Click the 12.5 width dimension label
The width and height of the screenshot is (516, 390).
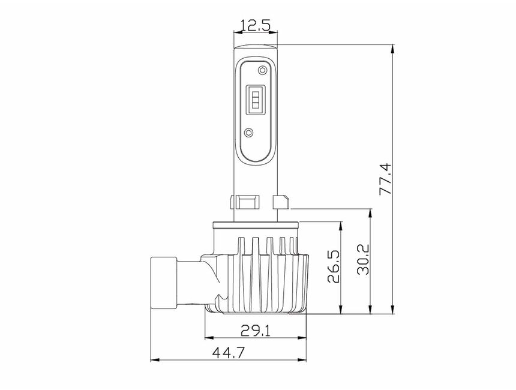(256, 26)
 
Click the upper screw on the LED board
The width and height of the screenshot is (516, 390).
(262, 70)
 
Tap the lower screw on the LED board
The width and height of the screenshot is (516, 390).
(250, 132)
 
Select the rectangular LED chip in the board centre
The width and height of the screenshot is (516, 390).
(256, 100)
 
